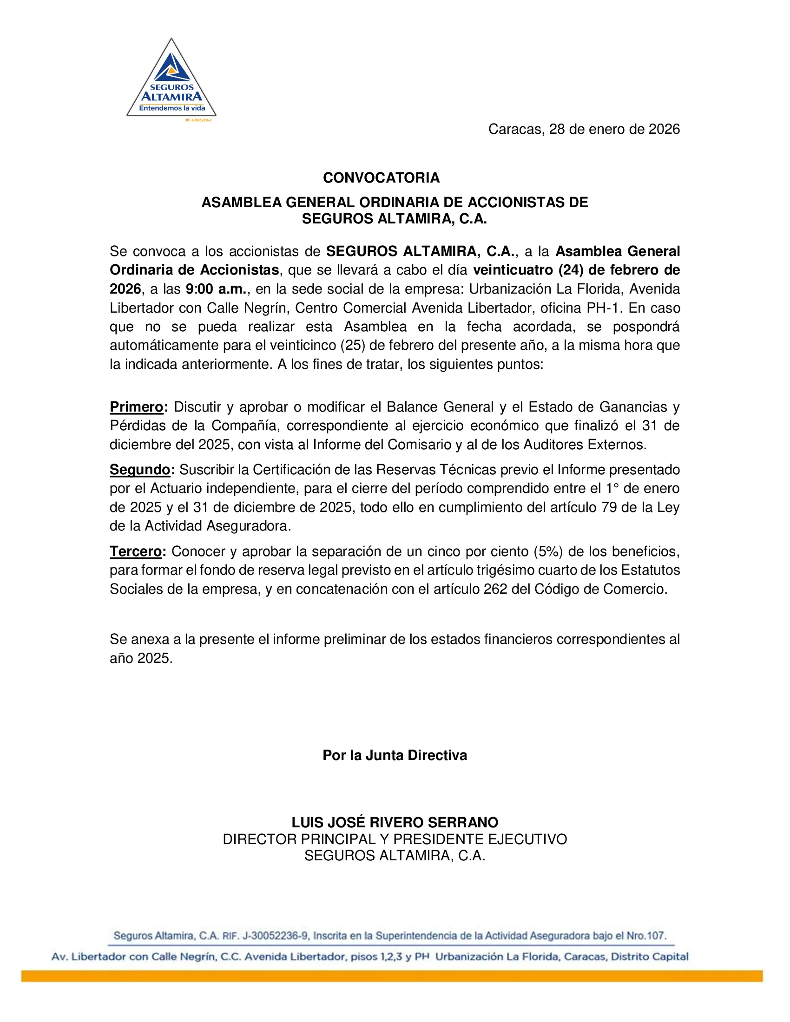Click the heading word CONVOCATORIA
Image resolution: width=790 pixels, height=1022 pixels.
coord(381,178)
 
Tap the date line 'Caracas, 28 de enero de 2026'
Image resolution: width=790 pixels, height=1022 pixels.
coord(584,129)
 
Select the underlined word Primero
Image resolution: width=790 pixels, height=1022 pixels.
coord(136,406)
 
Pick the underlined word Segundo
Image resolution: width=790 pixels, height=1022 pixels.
coord(140,469)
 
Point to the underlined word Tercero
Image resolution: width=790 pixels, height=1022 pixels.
coord(136,551)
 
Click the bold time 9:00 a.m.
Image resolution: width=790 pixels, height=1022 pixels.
coord(216,289)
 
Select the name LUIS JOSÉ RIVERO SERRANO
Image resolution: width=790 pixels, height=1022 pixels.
coord(395,822)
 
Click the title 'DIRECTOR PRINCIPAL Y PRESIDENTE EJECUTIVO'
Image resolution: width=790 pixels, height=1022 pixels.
coord(395,839)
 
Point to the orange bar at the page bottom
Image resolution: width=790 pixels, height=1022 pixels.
coord(392,976)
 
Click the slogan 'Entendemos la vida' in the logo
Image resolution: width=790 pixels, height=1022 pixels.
coord(172,108)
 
